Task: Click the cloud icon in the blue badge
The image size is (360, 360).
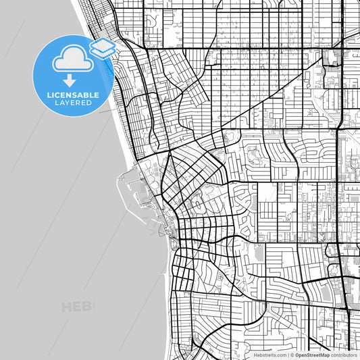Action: coord(70,59)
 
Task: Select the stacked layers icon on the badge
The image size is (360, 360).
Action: coord(101,47)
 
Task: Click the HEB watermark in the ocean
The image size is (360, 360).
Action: coord(78,307)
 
